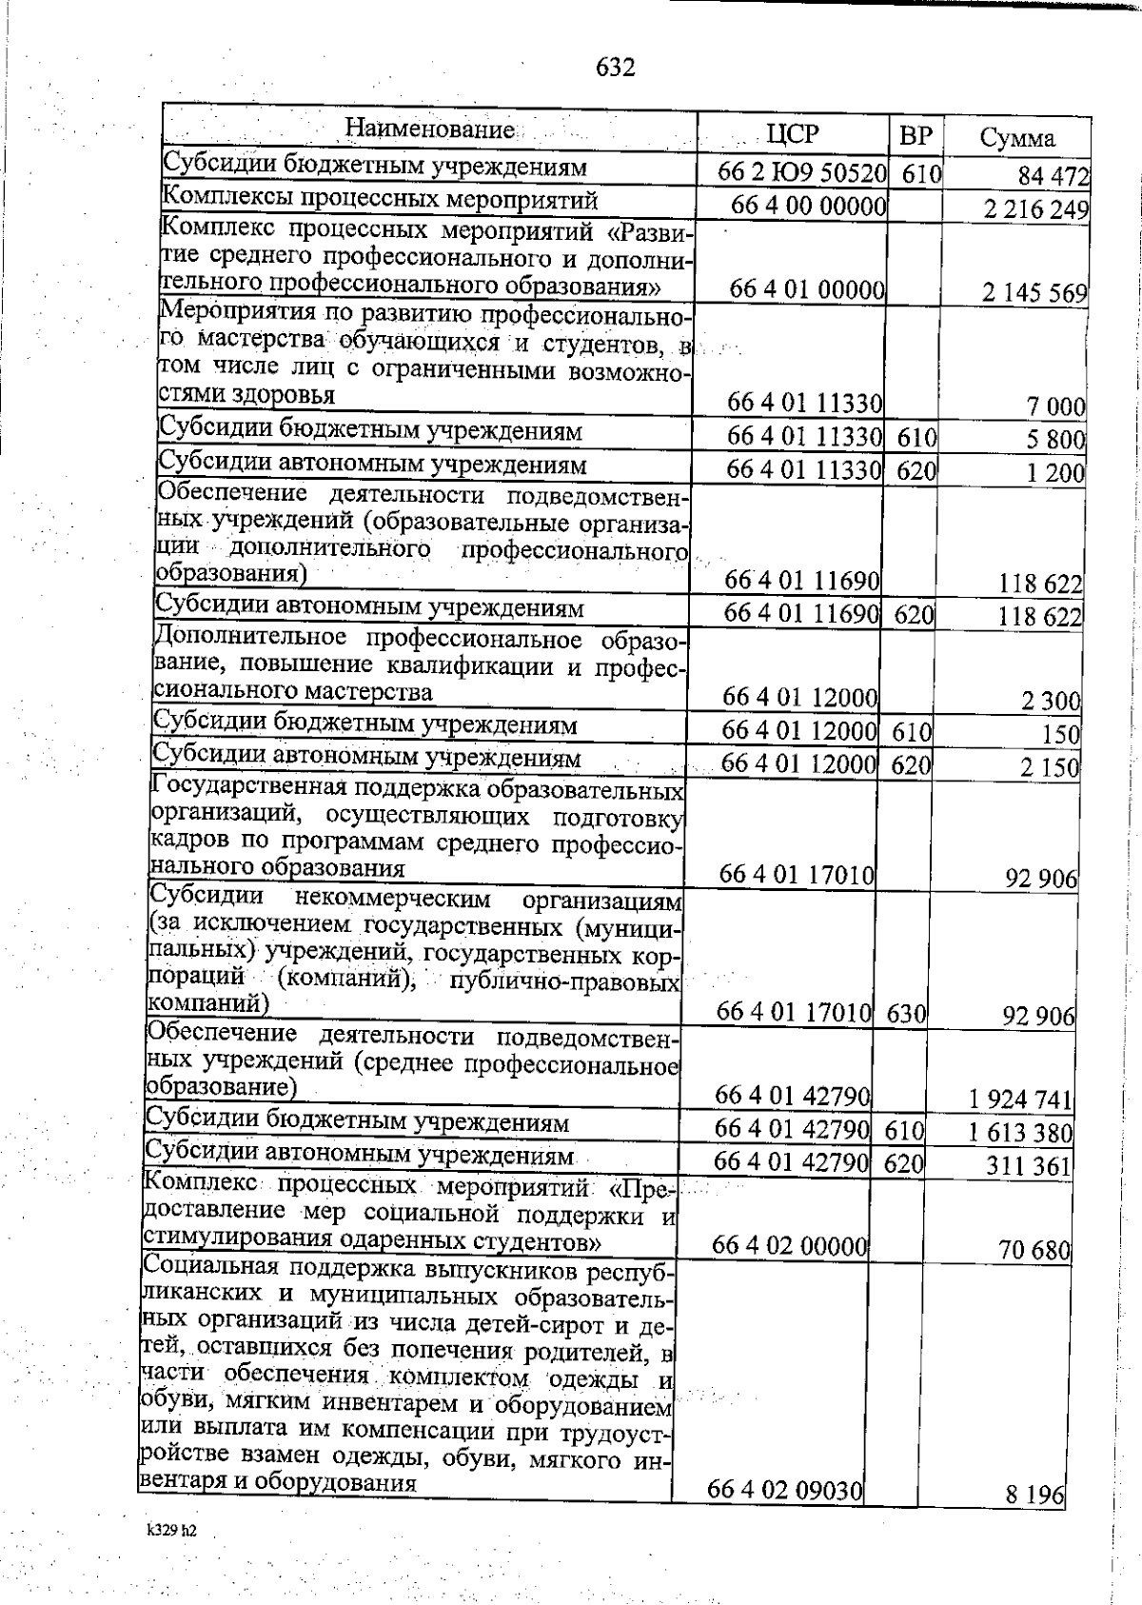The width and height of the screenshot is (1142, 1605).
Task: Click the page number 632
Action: click(x=616, y=68)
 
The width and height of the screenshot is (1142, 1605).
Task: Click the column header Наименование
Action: click(x=429, y=129)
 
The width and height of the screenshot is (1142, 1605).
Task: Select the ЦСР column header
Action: click(x=792, y=133)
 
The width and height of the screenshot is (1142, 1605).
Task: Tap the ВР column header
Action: click(x=916, y=135)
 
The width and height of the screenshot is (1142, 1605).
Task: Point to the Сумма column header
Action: click(x=1017, y=138)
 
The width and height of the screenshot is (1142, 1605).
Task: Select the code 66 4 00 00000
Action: click(x=809, y=206)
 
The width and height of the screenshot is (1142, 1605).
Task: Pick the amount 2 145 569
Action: click(x=1034, y=292)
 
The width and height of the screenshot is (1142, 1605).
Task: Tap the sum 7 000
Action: click(x=1054, y=407)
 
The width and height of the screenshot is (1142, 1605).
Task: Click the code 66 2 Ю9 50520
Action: click(x=803, y=173)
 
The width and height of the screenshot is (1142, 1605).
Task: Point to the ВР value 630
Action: click(x=906, y=1014)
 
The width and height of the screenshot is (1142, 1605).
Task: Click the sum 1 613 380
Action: click(x=1020, y=1133)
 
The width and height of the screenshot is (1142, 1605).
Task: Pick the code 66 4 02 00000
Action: click(x=789, y=1246)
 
